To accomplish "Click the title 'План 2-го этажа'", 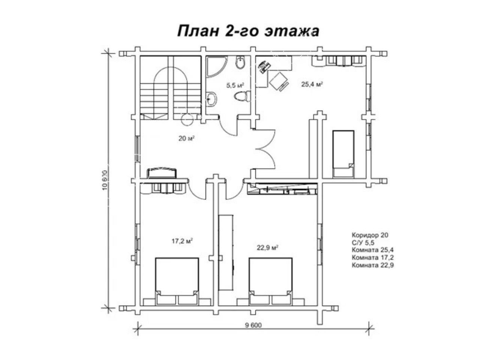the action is (x=248, y=31).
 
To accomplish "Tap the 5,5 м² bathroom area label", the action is (x=235, y=85).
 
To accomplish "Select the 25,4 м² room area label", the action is (x=312, y=84).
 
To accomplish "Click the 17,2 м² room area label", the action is (x=182, y=241).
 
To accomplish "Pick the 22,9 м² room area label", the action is (x=267, y=247).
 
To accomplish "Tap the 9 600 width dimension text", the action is (x=253, y=325).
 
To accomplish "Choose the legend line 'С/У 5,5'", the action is (x=363, y=243).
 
